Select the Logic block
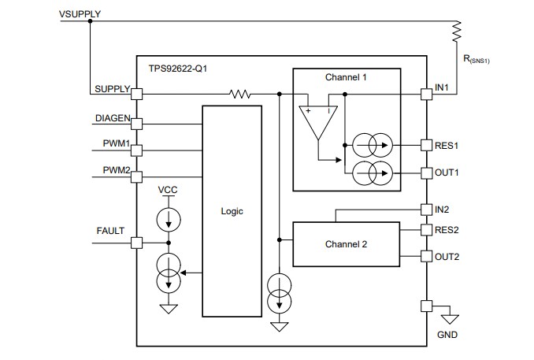coord(232,211)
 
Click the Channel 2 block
coord(346,243)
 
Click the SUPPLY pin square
coord(136,95)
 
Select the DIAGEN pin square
coord(136,124)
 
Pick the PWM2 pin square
coord(136,176)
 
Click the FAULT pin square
coord(136,243)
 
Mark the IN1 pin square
coord(426,95)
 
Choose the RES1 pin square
coord(426,146)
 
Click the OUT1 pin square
coord(426,172)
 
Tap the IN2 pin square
coord(426,210)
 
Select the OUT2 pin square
coord(426,256)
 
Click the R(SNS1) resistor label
coord(477,59)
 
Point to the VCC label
coord(168,191)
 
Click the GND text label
coord(447,335)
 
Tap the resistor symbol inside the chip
coord(240,95)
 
